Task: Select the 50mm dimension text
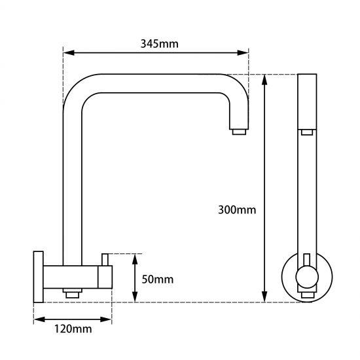point(158,279)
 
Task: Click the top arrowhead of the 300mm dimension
point(264,79)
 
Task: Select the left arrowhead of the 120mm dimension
point(37,319)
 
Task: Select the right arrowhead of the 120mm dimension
point(109,319)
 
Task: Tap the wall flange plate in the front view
point(38,276)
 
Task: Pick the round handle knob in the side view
point(306,279)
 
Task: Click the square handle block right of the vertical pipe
point(104,276)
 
